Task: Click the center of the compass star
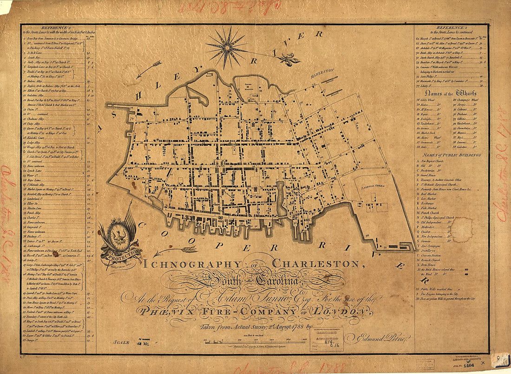click(227, 46)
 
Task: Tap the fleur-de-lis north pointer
click(286, 60)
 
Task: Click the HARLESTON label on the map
click(322, 70)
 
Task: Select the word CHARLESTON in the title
click(316, 264)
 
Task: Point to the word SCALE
click(121, 342)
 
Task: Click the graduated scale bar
click(255, 341)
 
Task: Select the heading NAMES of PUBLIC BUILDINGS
click(451, 154)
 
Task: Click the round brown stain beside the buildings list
click(462, 230)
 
